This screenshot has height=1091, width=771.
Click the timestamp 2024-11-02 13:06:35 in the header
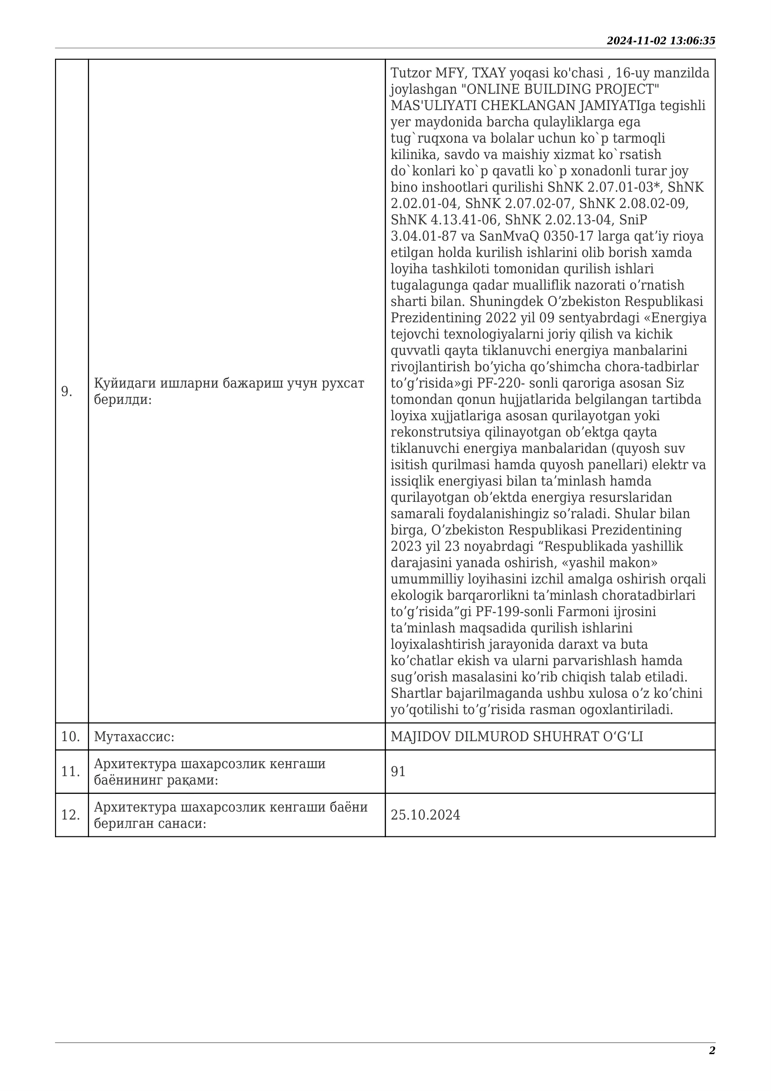[x=661, y=41]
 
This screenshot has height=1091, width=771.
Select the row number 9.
[x=67, y=391]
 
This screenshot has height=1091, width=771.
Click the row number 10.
[x=70, y=737]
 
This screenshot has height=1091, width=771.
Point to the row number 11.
[x=70, y=772]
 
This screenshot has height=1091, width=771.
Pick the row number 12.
[x=70, y=815]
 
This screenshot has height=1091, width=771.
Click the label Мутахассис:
[x=134, y=737]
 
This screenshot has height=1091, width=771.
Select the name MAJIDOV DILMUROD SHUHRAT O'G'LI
[x=516, y=737]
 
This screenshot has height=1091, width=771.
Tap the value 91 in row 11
[x=398, y=772]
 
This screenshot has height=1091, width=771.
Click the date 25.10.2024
[x=426, y=815]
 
